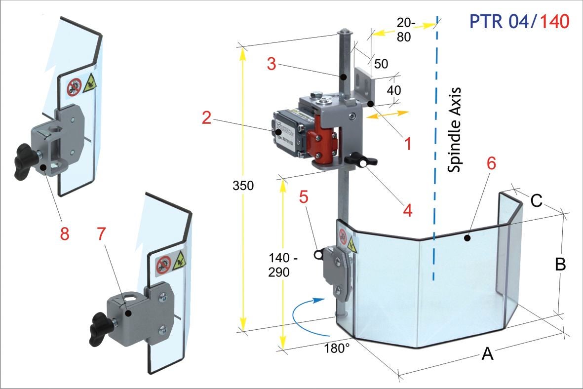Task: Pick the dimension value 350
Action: click(x=243, y=186)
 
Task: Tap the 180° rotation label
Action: click(x=337, y=347)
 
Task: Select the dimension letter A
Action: click(x=487, y=353)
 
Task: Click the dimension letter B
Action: click(x=560, y=265)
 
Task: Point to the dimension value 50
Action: click(x=381, y=64)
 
